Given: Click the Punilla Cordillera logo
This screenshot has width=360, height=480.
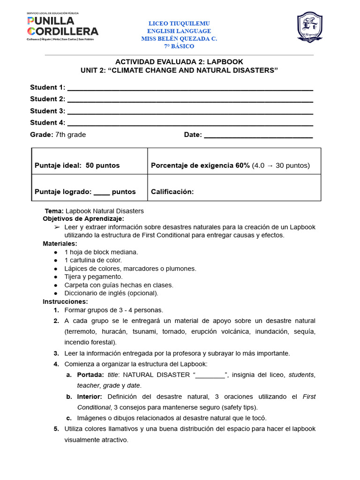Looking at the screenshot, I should [62, 27].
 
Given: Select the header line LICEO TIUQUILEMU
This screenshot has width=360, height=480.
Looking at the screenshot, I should [179, 23].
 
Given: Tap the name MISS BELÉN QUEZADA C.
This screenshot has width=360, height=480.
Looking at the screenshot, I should [179, 39].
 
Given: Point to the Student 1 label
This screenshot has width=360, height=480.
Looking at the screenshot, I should [47, 87].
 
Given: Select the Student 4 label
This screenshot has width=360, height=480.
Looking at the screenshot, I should [47, 123].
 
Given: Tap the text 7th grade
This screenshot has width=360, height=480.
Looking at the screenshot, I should [71, 135].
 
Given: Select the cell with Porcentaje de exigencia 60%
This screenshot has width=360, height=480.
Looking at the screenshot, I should [230, 165].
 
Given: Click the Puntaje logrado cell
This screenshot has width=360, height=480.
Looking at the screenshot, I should [85, 192].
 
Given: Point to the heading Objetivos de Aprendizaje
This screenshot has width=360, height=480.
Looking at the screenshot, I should [83, 219].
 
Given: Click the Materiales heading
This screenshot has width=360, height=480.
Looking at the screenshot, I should [60, 244].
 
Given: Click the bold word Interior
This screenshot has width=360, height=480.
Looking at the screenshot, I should [90, 397].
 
